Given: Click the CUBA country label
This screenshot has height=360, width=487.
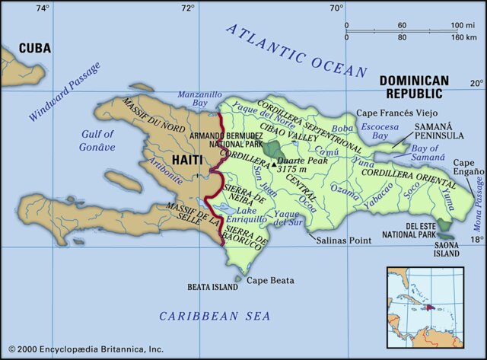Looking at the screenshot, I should tap(35, 48).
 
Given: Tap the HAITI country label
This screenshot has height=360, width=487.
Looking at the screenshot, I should tap(188, 161).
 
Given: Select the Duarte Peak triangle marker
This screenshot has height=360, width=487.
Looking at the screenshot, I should tap(274, 163).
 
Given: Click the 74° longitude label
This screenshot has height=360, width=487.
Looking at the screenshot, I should tap(43, 8).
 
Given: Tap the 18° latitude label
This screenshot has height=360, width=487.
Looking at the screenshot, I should tap(476, 240).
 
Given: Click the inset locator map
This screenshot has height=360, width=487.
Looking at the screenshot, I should tap(425, 302).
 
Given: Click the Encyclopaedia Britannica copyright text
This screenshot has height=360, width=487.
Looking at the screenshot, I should tap(82, 349).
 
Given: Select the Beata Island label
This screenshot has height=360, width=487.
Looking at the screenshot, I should tap(212, 288).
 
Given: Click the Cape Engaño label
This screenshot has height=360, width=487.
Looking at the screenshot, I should tap(468, 168).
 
